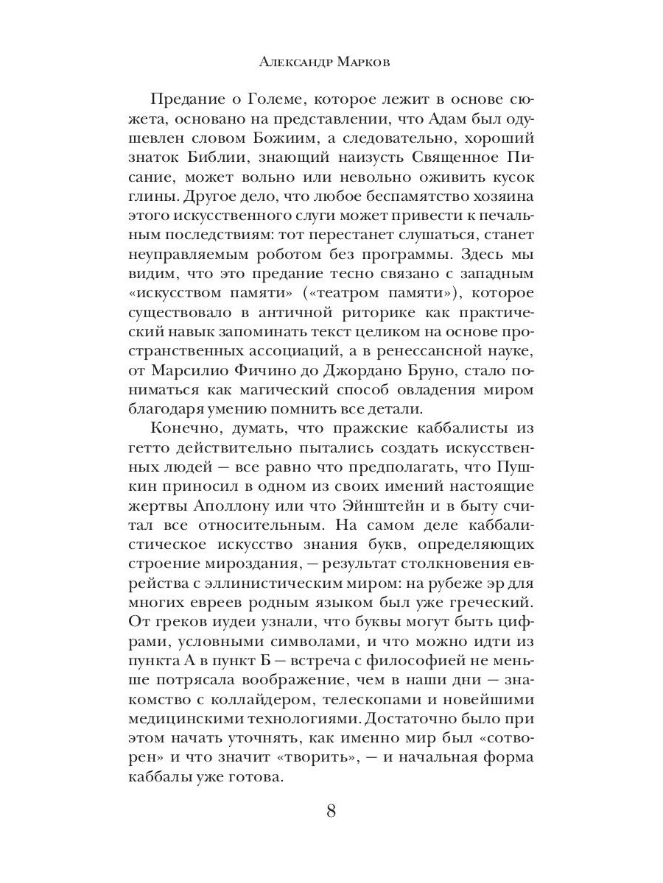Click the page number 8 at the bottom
(331, 811)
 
